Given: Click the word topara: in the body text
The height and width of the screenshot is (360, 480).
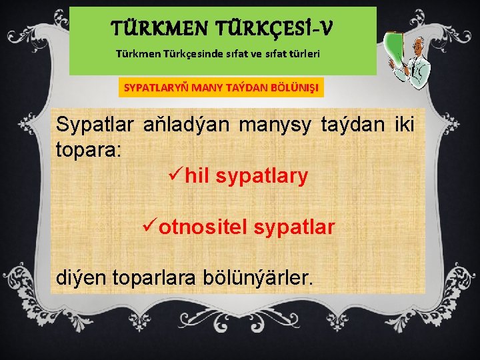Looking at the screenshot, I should (89, 149).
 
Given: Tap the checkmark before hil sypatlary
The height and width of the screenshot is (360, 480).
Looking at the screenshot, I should (176, 176).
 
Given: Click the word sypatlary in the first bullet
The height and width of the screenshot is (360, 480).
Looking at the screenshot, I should (262, 177).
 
